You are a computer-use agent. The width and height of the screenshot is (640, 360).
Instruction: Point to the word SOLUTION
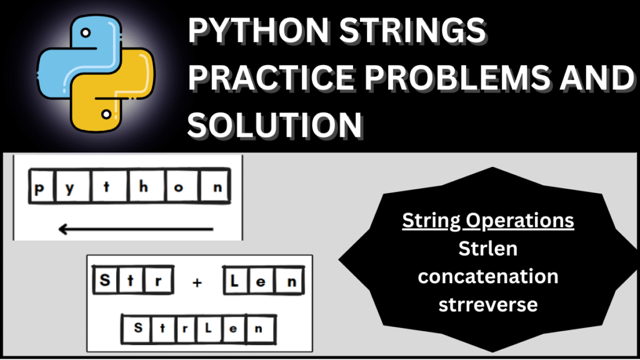pyautogui.click(x=276, y=124)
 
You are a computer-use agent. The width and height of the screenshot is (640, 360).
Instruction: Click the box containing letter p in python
pyautogui.click(x=40, y=187)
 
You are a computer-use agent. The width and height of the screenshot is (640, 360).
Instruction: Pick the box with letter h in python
pyautogui.click(x=144, y=187)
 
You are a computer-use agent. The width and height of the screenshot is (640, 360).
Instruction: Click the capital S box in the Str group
pyautogui.click(x=104, y=281)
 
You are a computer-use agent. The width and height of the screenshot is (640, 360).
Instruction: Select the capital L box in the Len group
pyautogui.click(x=235, y=281)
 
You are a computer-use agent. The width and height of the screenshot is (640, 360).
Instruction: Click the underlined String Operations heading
pyautogui.click(x=488, y=221)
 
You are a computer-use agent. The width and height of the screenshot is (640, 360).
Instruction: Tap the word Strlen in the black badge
pyautogui.click(x=488, y=248)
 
